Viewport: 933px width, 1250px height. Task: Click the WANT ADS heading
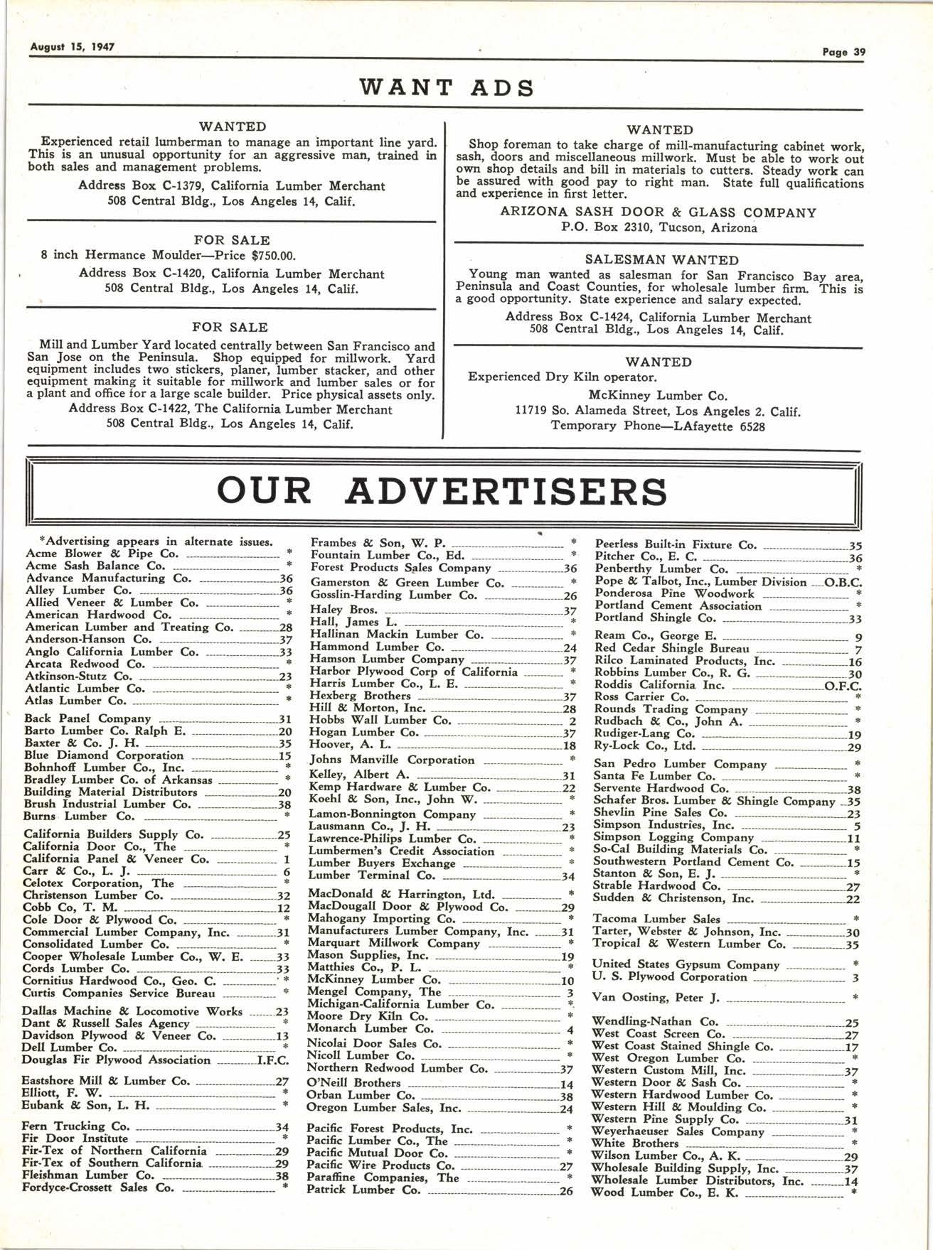coord(447,87)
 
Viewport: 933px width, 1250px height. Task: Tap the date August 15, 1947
coord(73,47)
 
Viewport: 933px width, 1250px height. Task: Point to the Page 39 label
coord(843,52)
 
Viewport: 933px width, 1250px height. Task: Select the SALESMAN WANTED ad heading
coord(661,260)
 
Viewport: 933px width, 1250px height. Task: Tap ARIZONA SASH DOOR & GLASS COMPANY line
coord(658,212)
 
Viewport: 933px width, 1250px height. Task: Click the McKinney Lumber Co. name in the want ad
coord(658,395)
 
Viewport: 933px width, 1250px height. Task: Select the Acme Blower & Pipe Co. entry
coord(102,554)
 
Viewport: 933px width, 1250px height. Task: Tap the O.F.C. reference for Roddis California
coord(843,686)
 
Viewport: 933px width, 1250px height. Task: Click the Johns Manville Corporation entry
coord(392,760)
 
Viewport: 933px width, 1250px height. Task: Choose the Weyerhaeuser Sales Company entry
coord(678,1131)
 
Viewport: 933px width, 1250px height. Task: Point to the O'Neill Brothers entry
coord(353,1083)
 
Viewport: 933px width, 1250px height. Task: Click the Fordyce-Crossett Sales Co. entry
coord(98,1187)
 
